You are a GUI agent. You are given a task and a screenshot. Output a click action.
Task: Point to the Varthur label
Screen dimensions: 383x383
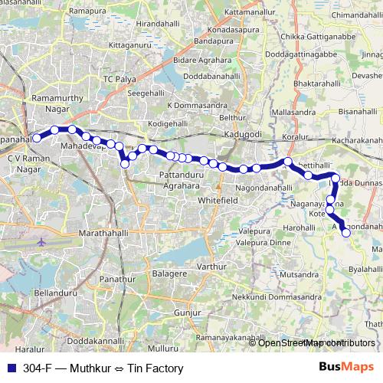(x=211, y=267)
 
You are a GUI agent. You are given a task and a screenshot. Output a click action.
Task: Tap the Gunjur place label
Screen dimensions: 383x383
(x=187, y=313)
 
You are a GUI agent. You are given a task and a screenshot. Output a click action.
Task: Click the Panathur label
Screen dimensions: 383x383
(x=117, y=280)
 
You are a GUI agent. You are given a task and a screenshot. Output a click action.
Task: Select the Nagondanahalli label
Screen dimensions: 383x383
(x=264, y=188)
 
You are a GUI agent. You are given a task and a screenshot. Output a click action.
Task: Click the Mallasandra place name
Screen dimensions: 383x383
(x=293, y=112)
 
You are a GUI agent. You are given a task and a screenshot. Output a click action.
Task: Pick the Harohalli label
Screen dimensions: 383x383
(x=299, y=228)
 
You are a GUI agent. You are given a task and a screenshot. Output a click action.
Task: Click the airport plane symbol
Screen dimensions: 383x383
(x=41, y=242)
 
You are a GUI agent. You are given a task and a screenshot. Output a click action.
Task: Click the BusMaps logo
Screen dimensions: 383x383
(x=346, y=368)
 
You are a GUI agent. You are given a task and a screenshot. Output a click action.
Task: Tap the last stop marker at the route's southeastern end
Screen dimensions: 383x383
(x=345, y=233)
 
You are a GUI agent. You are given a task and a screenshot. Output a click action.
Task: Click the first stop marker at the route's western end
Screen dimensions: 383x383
(x=36, y=139)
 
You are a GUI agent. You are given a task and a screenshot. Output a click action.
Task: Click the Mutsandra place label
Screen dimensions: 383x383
(x=299, y=273)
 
